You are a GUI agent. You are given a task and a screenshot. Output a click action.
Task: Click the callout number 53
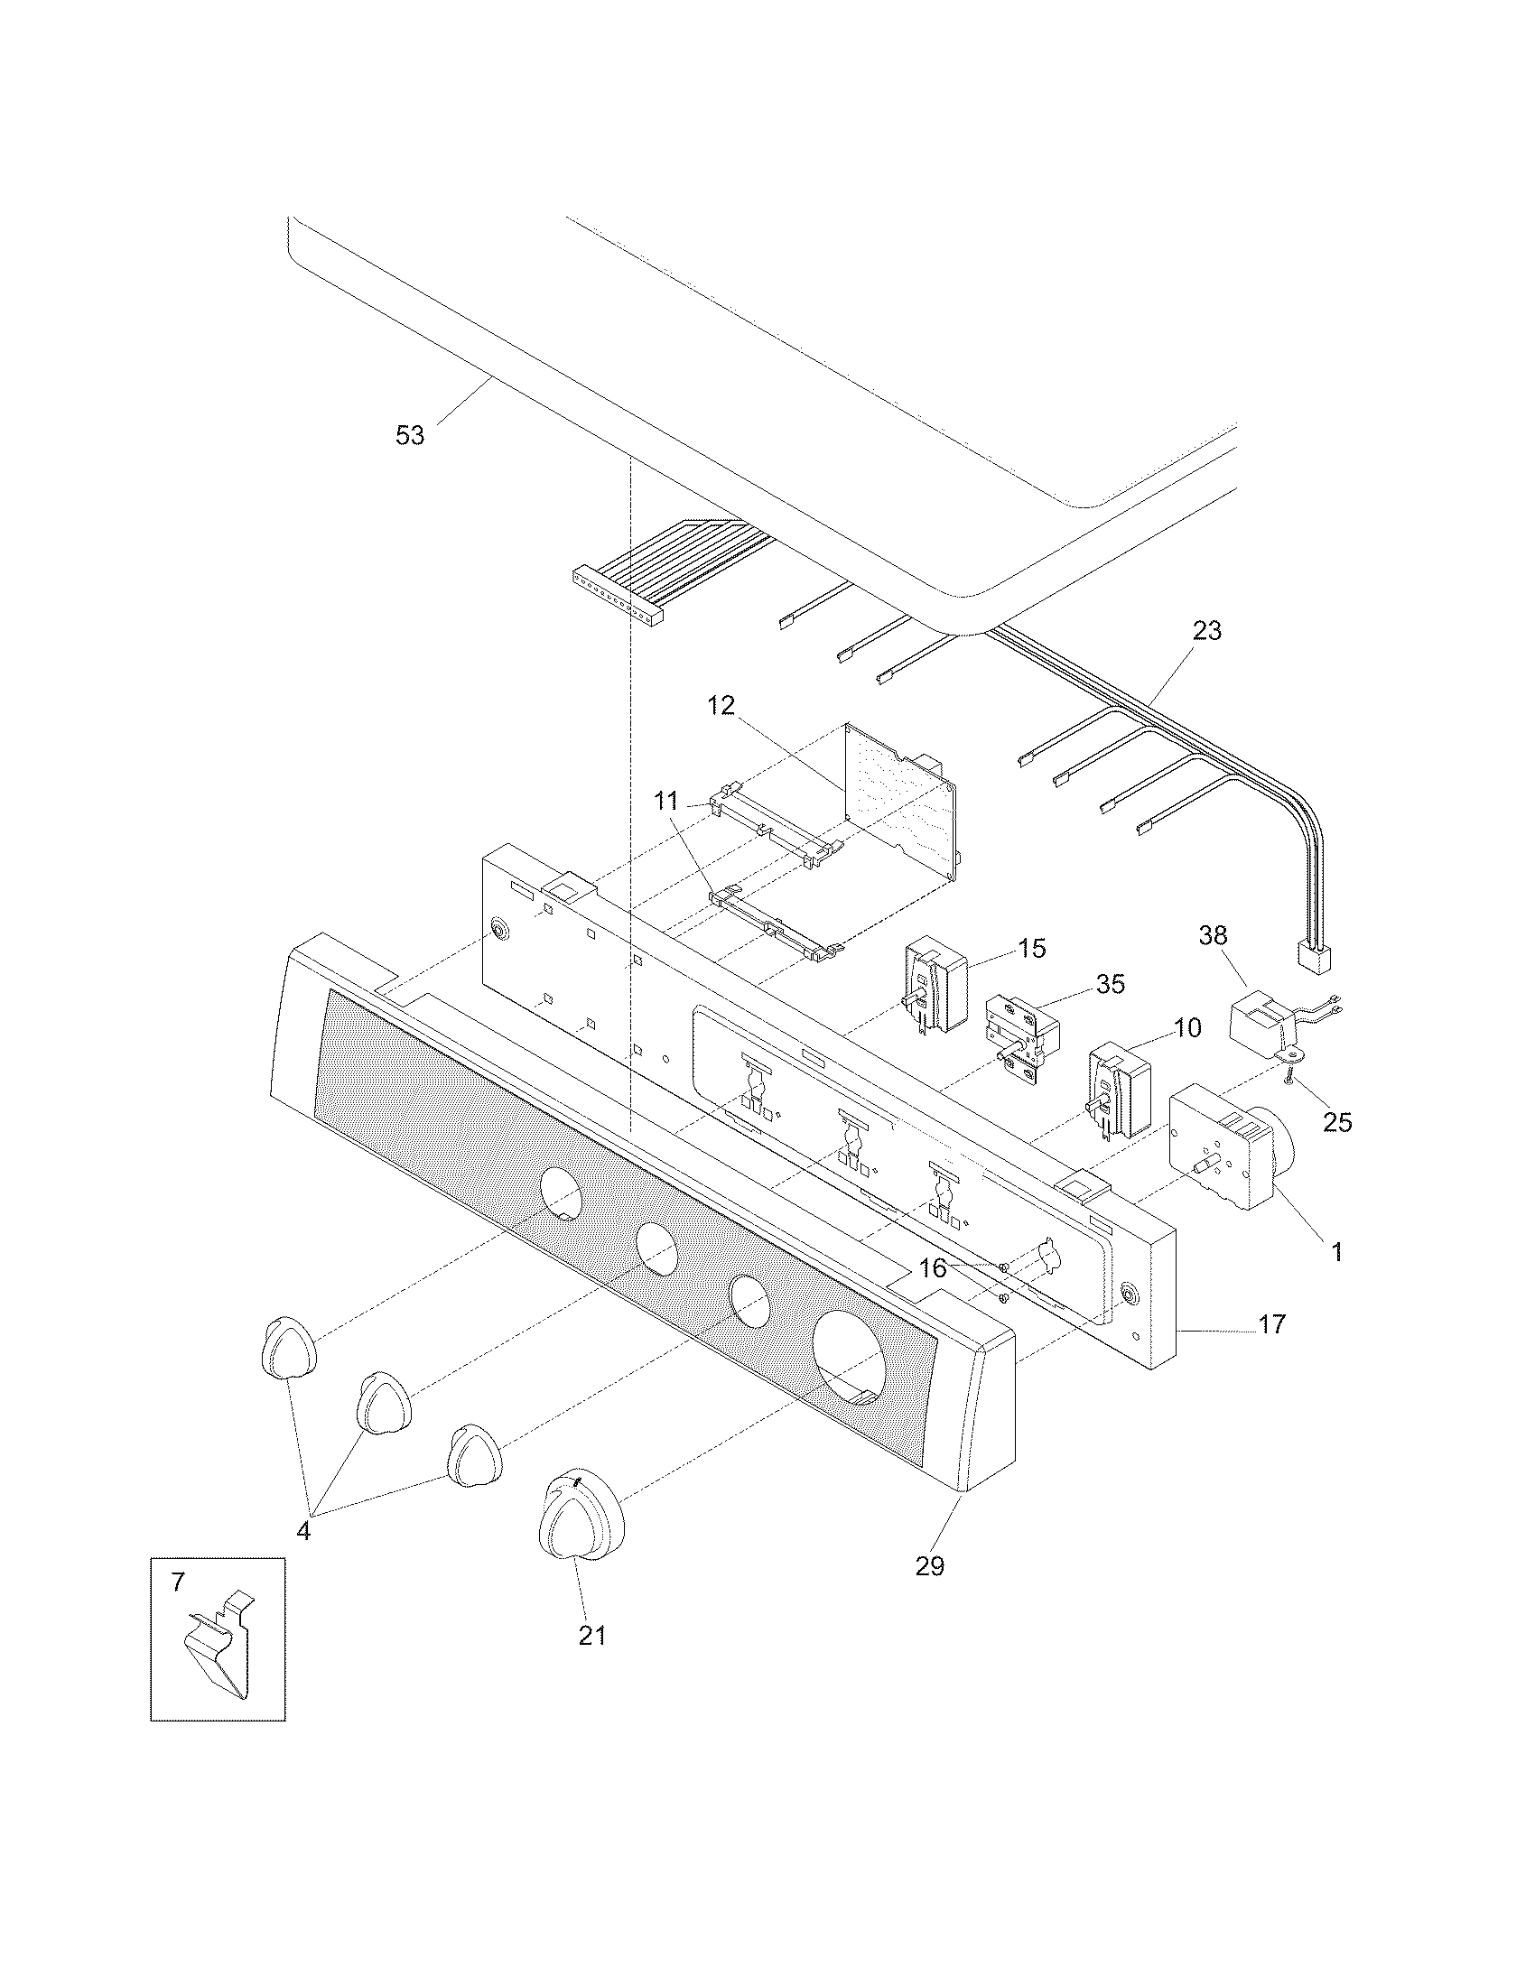point(409,436)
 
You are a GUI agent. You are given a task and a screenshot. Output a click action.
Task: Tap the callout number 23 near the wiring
point(1206,630)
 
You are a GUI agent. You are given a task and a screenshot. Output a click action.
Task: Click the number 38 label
point(1212,935)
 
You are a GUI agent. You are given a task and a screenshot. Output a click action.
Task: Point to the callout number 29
point(930,1565)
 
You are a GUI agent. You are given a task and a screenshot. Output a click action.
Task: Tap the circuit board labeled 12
point(900,800)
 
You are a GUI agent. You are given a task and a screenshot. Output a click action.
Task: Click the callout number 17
point(1271,1325)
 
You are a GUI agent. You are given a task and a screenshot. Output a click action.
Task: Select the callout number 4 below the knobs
point(302,1530)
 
